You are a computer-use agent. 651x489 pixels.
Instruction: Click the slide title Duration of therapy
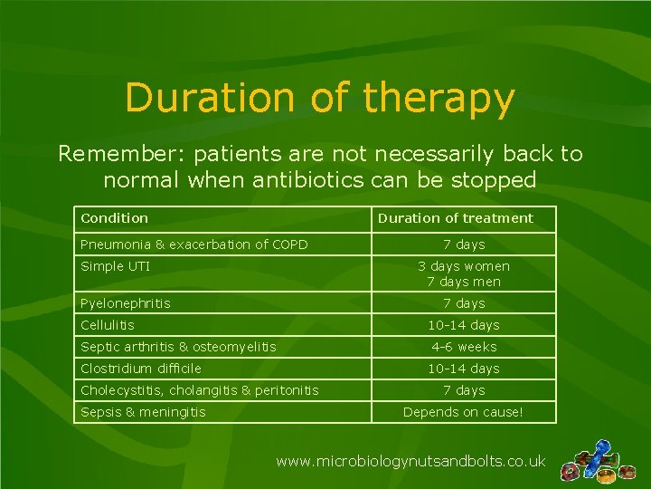pos(320,99)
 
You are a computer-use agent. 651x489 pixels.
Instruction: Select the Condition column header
pos(114,218)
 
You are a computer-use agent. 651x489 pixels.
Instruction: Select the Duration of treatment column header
pos(455,218)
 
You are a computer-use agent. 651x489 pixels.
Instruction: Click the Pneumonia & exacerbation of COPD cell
pos(193,244)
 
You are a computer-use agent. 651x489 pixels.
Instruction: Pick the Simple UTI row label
pos(115,266)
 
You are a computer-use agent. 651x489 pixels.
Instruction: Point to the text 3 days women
pos(463,266)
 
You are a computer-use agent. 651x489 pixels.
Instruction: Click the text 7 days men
pos(463,282)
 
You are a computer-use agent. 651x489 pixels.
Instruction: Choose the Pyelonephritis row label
pos(125,303)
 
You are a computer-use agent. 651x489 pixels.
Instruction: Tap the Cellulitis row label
pos(107,325)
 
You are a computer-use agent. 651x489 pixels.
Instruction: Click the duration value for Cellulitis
pos(463,325)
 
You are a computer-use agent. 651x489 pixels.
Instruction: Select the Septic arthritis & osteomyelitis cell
pos(178,347)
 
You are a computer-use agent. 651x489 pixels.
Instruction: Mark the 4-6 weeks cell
pos(463,347)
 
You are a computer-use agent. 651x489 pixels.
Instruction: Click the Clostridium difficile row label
pos(140,369)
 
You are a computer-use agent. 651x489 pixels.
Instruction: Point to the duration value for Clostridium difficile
pos(463,369)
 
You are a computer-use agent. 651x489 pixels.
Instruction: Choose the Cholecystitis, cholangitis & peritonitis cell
pos(199,390)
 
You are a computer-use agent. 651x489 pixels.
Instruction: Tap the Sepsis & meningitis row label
pos(143,412)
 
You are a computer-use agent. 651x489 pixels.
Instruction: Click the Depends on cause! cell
pos(463,412)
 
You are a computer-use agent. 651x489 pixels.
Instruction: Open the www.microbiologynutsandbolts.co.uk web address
pos(410,462)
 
